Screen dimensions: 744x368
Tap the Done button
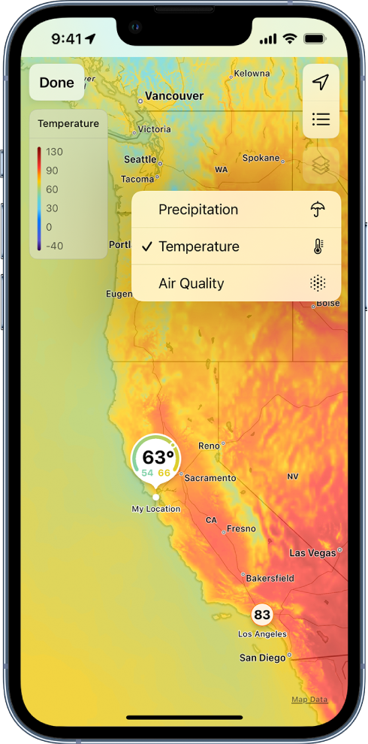(57, 83)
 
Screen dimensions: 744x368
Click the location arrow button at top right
(321, 83)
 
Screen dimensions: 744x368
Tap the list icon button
(321, 119)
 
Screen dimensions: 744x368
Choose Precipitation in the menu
(198, 210)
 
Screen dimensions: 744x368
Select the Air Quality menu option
(192, 283)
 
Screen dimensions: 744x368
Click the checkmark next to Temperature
(146, 246)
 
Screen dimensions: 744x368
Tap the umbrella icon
(318, 210)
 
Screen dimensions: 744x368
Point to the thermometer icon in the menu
(318, 246)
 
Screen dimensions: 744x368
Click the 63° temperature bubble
(156, 457)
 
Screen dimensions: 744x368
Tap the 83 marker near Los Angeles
(261, 615)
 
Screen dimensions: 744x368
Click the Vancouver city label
(174, 96)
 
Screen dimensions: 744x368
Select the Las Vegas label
(312, 553)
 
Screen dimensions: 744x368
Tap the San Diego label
(262, 658)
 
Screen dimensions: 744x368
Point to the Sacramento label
(210, 478)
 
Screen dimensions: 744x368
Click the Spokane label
(261, 158)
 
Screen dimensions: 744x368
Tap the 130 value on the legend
(54, 152)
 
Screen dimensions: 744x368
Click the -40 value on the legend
(54, 246)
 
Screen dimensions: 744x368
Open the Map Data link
(309, 700)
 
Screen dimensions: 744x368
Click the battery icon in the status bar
(314, 38)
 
